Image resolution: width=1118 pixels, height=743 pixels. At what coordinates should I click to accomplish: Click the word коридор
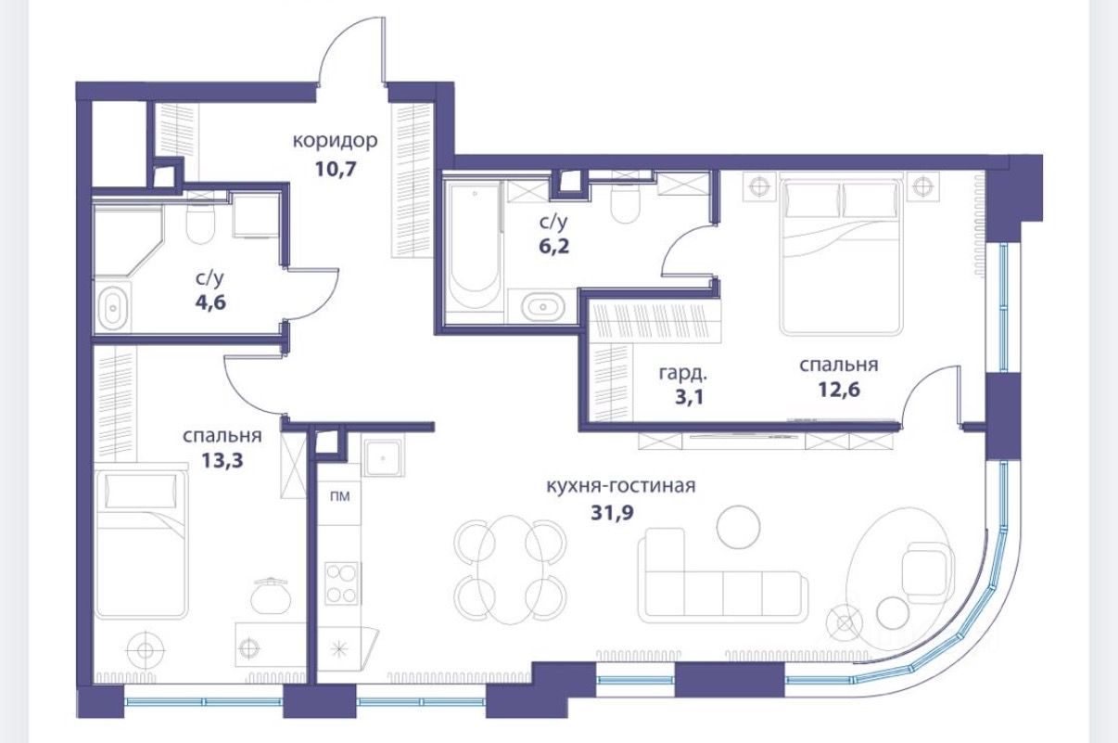pos(335,141)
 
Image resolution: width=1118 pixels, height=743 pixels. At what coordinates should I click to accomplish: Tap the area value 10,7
pos(336,169)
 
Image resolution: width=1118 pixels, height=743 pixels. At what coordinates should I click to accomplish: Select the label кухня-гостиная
pos(621,486)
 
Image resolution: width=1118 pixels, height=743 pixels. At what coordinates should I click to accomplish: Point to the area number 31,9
pos(612,513)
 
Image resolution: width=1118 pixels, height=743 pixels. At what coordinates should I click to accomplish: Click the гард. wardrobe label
pos(683,373)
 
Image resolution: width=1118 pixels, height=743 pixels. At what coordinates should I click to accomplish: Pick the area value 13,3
pos(222,460)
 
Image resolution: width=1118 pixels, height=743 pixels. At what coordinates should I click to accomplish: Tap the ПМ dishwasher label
pos(339,496)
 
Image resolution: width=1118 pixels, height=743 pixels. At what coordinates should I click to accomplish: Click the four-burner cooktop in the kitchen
pos(341,583)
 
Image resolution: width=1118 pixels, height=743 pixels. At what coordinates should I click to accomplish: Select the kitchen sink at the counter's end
pos(383,458)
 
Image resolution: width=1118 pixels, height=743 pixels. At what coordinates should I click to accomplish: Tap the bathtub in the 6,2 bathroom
pos(473,247)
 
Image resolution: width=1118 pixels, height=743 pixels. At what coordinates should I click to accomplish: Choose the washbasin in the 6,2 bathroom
pos(543,306)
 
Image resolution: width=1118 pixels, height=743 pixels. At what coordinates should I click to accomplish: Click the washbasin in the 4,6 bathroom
pos(113,308)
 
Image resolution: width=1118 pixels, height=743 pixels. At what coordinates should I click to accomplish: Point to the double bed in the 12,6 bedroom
pos(842,258)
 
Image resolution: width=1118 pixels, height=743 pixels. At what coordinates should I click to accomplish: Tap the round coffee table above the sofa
pos(738,527)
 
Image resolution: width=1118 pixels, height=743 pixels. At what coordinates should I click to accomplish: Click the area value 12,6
pos(839,389)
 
